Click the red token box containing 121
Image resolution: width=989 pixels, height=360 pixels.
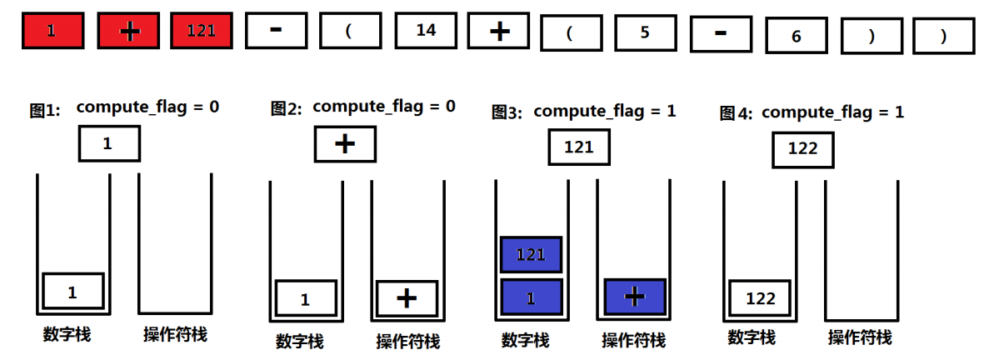click(202, 31)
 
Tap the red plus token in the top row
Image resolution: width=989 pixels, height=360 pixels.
click(128, 31)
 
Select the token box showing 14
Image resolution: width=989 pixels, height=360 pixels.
click(426, 31)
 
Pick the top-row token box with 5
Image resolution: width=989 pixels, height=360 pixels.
click(646, 33)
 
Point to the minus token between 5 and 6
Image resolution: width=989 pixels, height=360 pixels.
click(721, 32)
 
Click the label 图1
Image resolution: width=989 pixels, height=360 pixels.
click(45, 110)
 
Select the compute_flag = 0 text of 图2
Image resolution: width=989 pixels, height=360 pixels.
click(383, 107)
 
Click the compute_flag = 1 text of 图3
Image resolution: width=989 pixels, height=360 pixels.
click(604, 111)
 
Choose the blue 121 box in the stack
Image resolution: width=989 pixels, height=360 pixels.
click(532, 255)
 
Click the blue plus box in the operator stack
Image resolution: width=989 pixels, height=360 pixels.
click(635, 296)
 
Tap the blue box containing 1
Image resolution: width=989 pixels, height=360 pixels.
click(532, 297)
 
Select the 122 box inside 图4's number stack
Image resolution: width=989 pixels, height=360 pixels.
click(761, 298)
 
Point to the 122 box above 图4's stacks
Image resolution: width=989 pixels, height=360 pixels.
click(802, 150)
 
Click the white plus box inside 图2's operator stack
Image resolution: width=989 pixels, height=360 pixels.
click(407, 298)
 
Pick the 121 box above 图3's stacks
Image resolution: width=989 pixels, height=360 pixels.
click(579, 147)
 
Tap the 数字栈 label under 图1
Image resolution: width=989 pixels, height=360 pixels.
click(67, 335)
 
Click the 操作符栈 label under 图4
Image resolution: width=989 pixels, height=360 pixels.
click(859, 337)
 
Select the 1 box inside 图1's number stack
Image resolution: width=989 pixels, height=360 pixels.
click(72, 292)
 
